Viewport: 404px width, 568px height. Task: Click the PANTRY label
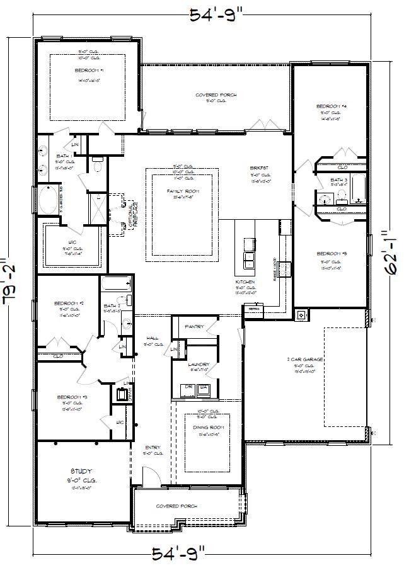194,327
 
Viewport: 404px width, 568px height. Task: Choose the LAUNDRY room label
198,364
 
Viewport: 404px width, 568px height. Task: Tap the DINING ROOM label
208,427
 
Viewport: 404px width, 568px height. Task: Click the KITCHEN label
245,281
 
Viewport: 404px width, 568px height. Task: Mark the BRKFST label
259,168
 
